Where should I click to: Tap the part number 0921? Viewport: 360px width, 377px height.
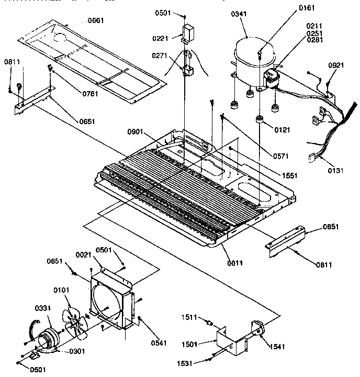[x=336, y=65]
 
